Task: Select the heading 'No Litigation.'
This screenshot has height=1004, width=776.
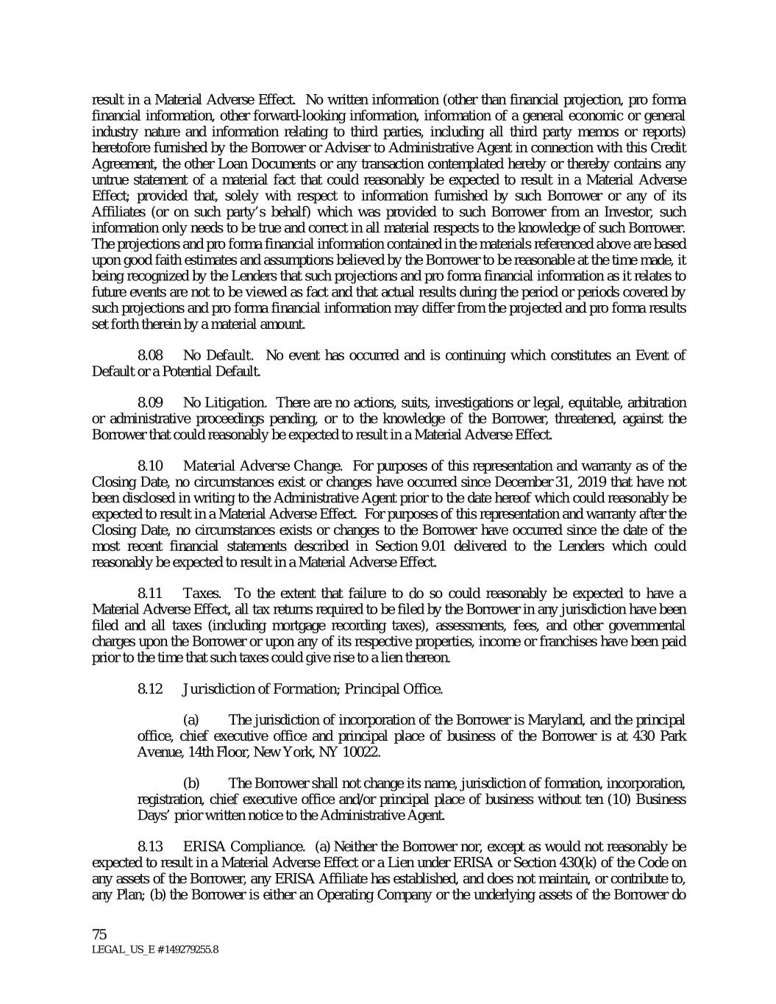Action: [224, 403]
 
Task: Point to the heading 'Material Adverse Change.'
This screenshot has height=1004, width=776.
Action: [262, 466]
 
